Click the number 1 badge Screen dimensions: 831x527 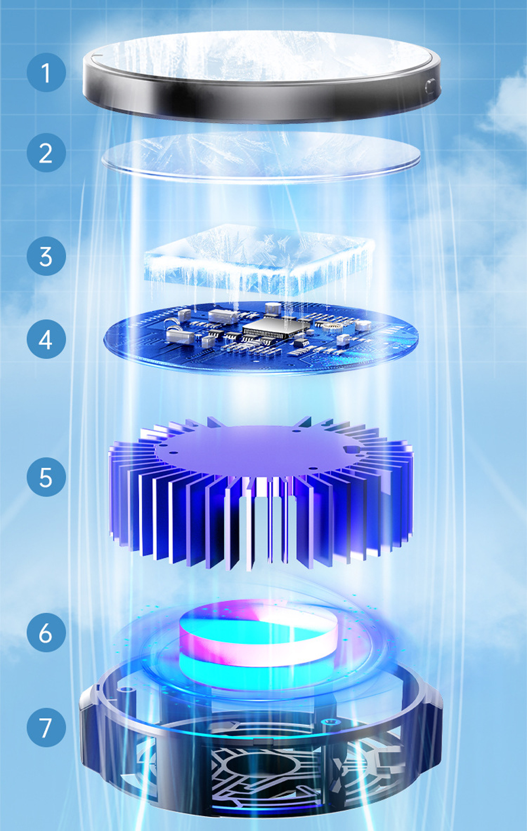[x=46, y=72]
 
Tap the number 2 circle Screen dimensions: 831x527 [x=46, y=152]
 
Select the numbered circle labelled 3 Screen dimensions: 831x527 [x=46, y=256]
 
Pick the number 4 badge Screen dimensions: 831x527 [x=46, y=339]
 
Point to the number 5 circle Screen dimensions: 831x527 [x=46, y=477]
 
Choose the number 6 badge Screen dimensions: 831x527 [x=46, y=633]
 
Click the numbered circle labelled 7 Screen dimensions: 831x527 [x=46, y=728]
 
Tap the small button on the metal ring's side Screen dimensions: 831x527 [x=431, y=85]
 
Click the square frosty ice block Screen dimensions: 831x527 [x=258, y=259]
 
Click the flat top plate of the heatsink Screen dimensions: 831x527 [x=258, y=448]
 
